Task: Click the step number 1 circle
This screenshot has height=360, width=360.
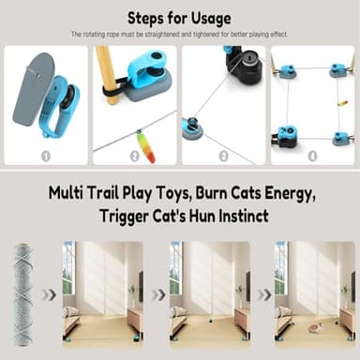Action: tap(45, 156)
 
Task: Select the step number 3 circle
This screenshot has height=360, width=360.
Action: tap(223, 156)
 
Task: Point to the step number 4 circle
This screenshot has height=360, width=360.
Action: tap(311, 156)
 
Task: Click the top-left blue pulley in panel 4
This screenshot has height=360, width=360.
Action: tap(285, 70)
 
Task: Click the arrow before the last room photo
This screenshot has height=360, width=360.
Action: tap(265, 293)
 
